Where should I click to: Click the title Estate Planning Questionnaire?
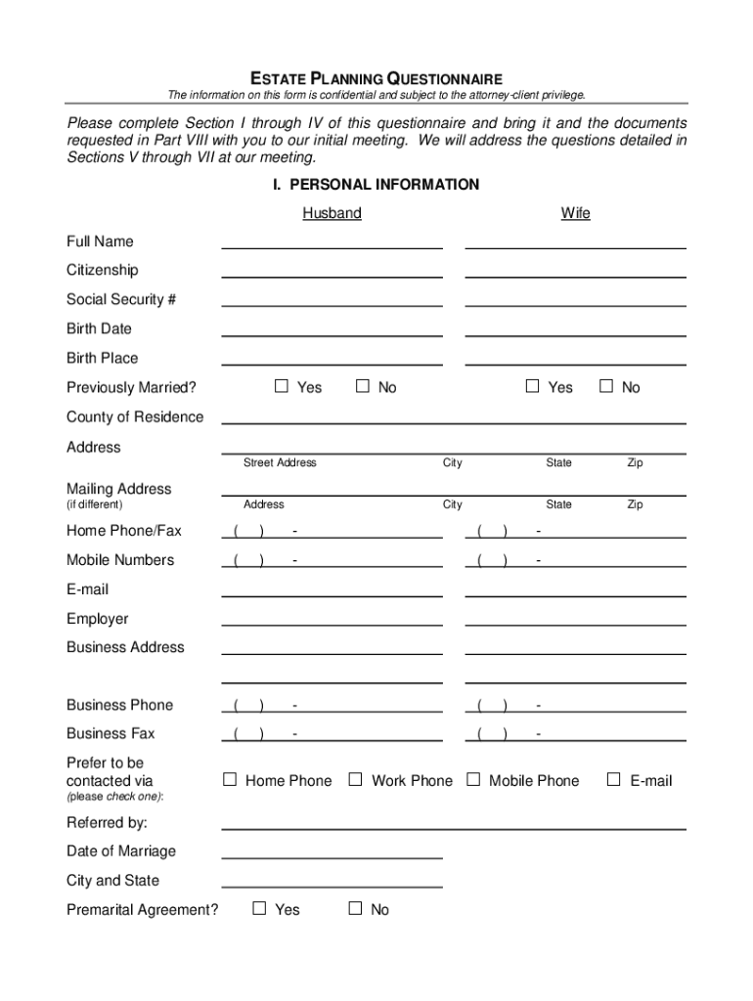coord(376,78)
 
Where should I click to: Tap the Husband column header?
coord(332,213)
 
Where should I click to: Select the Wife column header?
coord(575,213)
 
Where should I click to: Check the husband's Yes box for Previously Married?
coord(282,386)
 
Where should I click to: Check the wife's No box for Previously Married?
coord(605,386)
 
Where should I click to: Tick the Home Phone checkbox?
coord(230,779)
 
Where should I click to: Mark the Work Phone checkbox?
coord(356,779)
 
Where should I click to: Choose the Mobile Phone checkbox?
coord(473,779)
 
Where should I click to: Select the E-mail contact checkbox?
coord(614,779)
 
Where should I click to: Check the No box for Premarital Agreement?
coord(356,908)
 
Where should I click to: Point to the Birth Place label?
coord(103,358)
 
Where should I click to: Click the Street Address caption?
coord(280,462)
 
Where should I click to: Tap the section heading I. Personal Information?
coord(376,185)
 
